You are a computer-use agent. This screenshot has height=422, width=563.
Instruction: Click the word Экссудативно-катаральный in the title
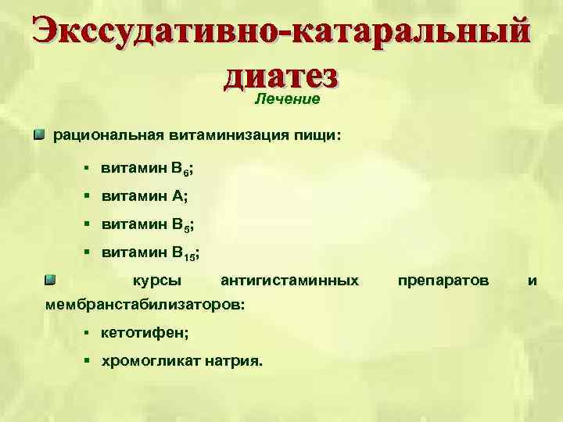click(x=281, y=34)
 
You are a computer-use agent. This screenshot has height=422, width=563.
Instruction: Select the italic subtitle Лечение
click(x=288, y=99)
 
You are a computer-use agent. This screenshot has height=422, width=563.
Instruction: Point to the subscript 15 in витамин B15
click(x=188, y=256)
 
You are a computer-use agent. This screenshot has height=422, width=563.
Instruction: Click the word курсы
click(x=156, y=280)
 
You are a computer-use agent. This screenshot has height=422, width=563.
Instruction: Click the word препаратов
click(x=443, y=280)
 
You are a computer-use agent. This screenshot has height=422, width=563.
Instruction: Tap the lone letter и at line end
click(x=532, y=280)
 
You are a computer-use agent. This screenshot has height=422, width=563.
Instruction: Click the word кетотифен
click(x=142, y=332)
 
